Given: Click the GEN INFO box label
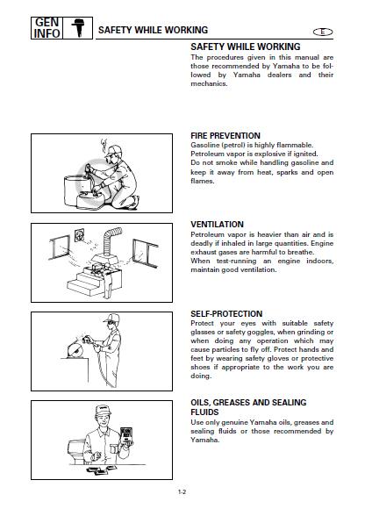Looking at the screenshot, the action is [x=47, y=28].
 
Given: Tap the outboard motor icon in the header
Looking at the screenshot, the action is [x=78, y=28].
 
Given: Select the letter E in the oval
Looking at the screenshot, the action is [x=323, y=32].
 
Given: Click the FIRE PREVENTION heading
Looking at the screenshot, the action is [x=225, y=135].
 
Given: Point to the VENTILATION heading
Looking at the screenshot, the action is [x=218, y=225].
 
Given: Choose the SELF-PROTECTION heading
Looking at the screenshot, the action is [x=226, y=313].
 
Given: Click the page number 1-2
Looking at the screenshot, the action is [x=182, y=492].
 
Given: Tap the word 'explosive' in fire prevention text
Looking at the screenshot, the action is [x=270, y=154].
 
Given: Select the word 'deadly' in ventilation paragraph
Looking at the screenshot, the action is [x=201, y=244].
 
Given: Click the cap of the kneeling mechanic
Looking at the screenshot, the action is [x=112, y=150].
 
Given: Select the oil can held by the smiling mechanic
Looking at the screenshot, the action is [x=126, y=436].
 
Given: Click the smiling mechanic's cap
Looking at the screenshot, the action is [x=103, y=410].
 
